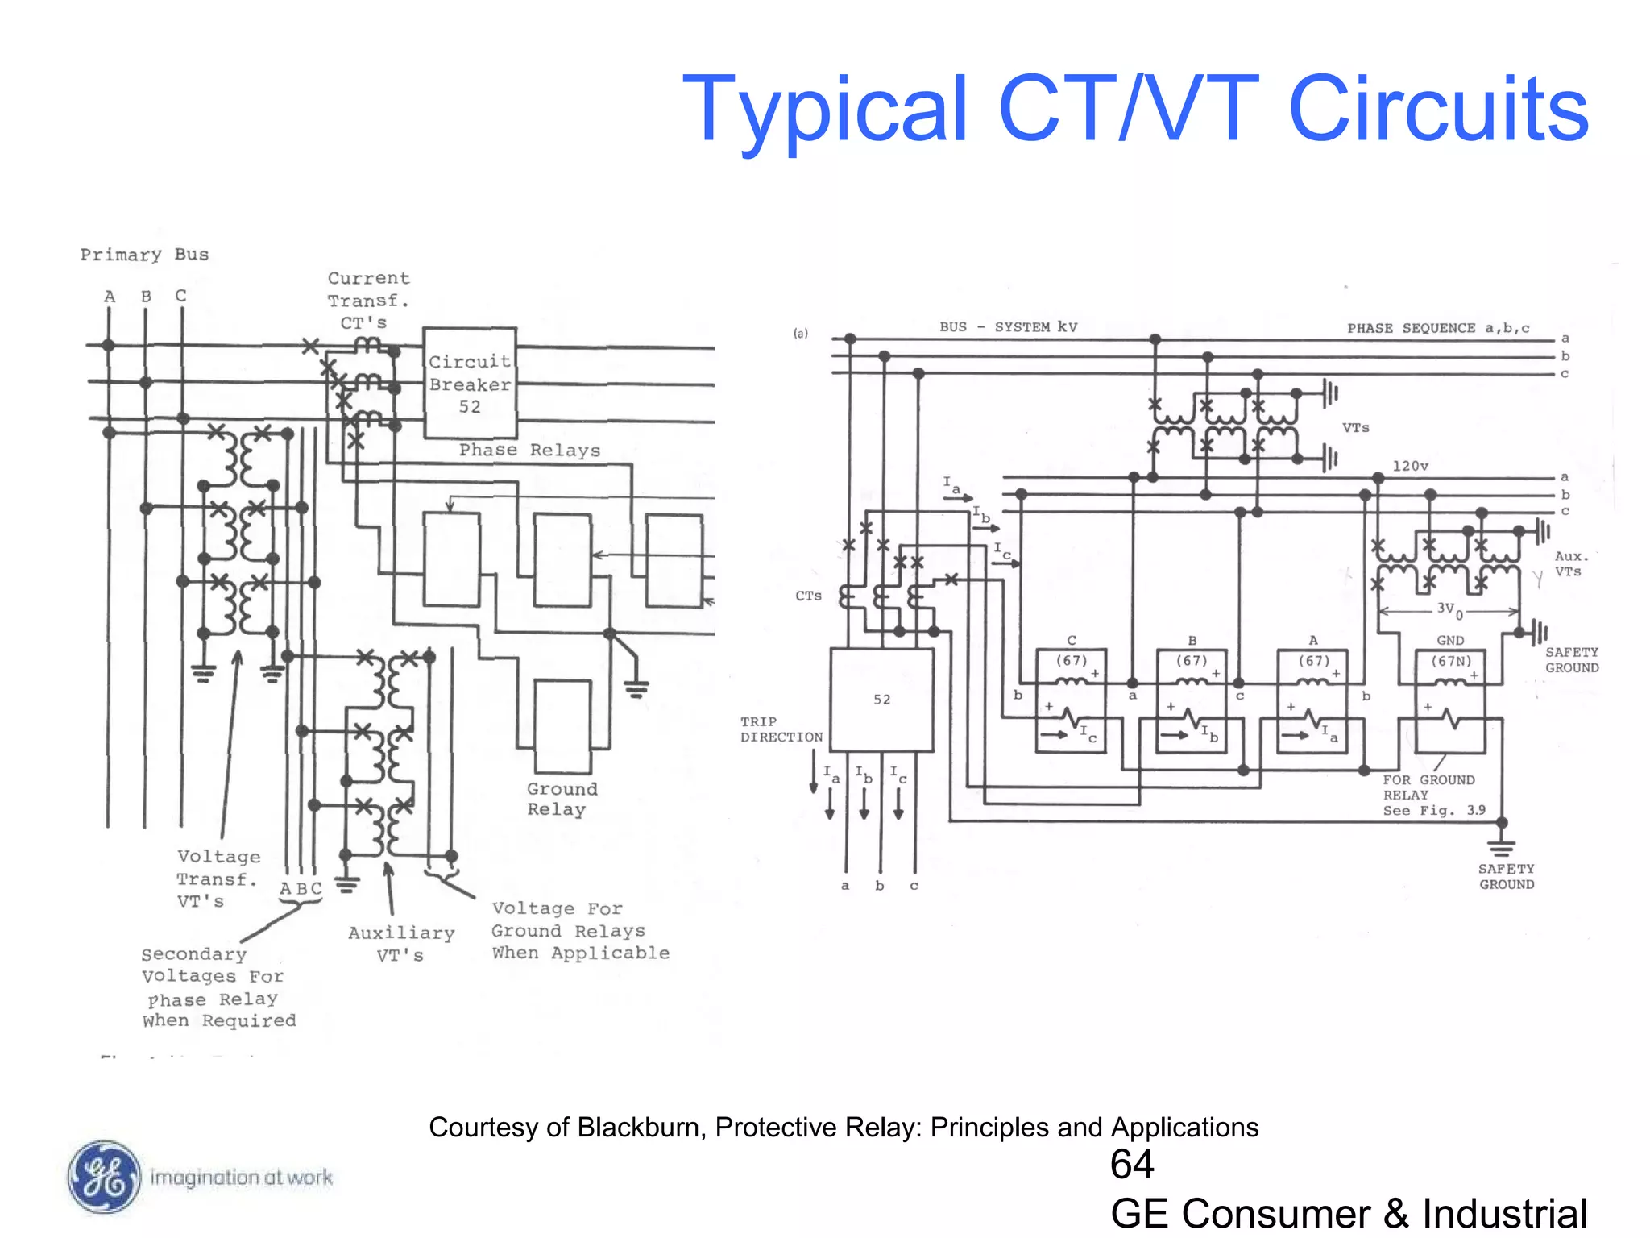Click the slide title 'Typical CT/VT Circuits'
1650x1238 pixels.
(x=1134, y=110)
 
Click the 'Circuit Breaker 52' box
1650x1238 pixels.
(x=470, y=384)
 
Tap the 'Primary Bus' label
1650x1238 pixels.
(x=144, y=255)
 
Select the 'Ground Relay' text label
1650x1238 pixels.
(x=562, y=799)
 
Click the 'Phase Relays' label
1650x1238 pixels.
(x=529, y=451)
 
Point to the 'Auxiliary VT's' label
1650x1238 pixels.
(x=400, y=944)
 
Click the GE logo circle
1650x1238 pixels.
(x=103, y=1178)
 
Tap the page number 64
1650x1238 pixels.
(x=1131, y=1165)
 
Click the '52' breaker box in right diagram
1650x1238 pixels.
(x=881, y=700)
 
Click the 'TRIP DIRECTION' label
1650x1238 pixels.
(x=781, y=729)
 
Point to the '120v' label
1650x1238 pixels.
(x=1410, y=466)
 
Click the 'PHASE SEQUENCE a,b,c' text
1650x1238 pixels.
(x=1437, y=328)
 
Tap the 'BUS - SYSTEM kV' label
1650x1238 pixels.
(x=1007, y=326)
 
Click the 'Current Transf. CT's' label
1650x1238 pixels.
(x=367, y=300)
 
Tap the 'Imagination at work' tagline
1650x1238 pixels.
(x=241, y=1178)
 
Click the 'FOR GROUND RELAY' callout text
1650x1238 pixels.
(x=1428, y=787)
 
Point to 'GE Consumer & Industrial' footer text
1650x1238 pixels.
(x=1348, y=1213)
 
